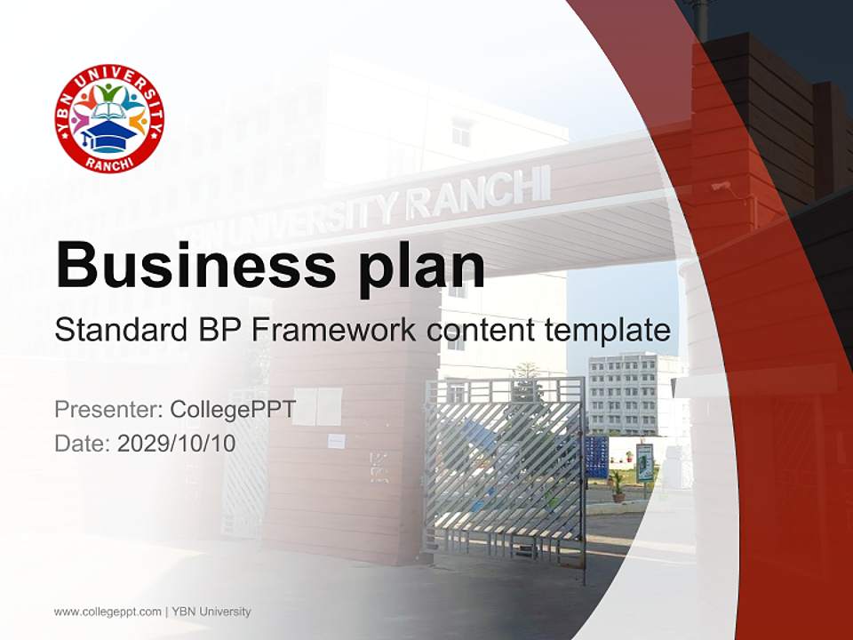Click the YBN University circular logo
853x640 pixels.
pyautogui.click(x=109, y=118)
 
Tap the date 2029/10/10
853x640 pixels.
pyautogui.click(x=176, y=443)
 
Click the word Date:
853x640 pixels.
pyautogui.click(x=83, y=443)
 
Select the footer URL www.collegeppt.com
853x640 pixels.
pyautogui.click(x=108, y=612)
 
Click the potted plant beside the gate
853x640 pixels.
pyautogui.click(x=617, y=485)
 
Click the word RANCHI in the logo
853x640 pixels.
pyautogui.click(x=109, y=161)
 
